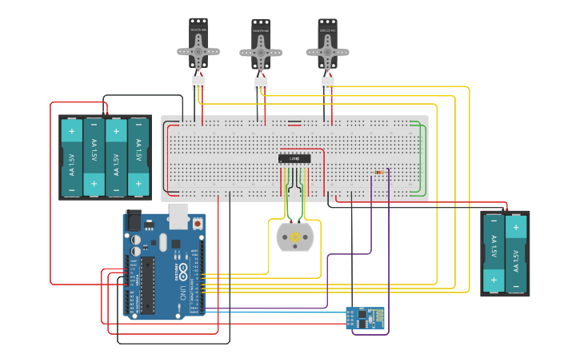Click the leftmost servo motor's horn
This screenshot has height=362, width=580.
198,53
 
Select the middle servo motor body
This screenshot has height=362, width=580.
261,37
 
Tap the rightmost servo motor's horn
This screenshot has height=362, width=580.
327,52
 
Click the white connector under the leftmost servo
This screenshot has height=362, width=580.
198,82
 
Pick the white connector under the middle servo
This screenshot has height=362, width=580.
261,83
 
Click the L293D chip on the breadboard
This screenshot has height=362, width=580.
294,158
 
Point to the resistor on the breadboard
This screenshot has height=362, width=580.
379,171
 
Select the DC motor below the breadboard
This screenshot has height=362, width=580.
295,237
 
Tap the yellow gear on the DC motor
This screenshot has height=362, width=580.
295,237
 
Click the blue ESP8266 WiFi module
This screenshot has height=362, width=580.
365,317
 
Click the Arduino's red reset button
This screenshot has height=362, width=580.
198,225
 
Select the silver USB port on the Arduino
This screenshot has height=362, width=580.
178,216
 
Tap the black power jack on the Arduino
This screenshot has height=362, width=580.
134,221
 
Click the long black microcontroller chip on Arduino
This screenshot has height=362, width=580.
149,285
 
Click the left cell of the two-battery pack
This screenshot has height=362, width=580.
494,253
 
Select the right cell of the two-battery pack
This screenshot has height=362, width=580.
516,253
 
